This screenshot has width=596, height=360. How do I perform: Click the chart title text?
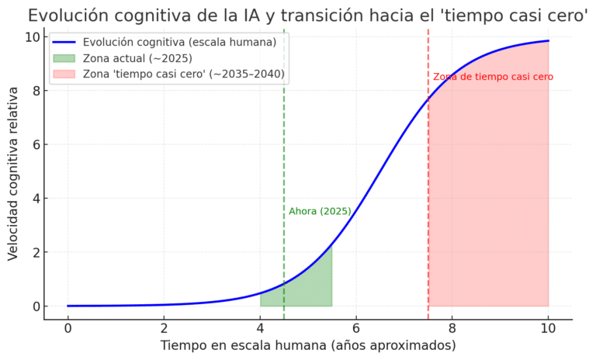tap(308, 16)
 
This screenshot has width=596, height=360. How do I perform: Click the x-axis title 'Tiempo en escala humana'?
tap(308, 345)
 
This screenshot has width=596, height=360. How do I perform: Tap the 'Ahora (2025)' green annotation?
tap(320, 211)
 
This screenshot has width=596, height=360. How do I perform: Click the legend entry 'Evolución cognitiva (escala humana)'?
tap(179, 42)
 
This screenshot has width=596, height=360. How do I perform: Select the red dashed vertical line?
tap(428, 194)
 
